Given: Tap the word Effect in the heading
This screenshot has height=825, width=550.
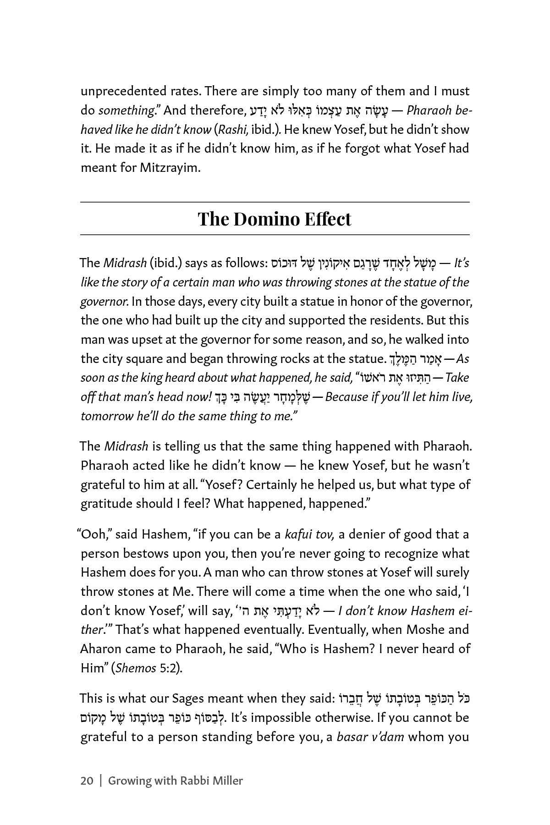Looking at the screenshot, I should (327, 219).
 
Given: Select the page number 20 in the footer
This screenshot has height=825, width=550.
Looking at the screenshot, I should (87, 781).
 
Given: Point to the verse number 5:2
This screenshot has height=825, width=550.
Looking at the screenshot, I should (170, 668).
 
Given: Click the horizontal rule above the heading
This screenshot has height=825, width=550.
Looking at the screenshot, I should (275, 202).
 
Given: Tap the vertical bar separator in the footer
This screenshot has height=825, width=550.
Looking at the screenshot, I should (101, 781).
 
